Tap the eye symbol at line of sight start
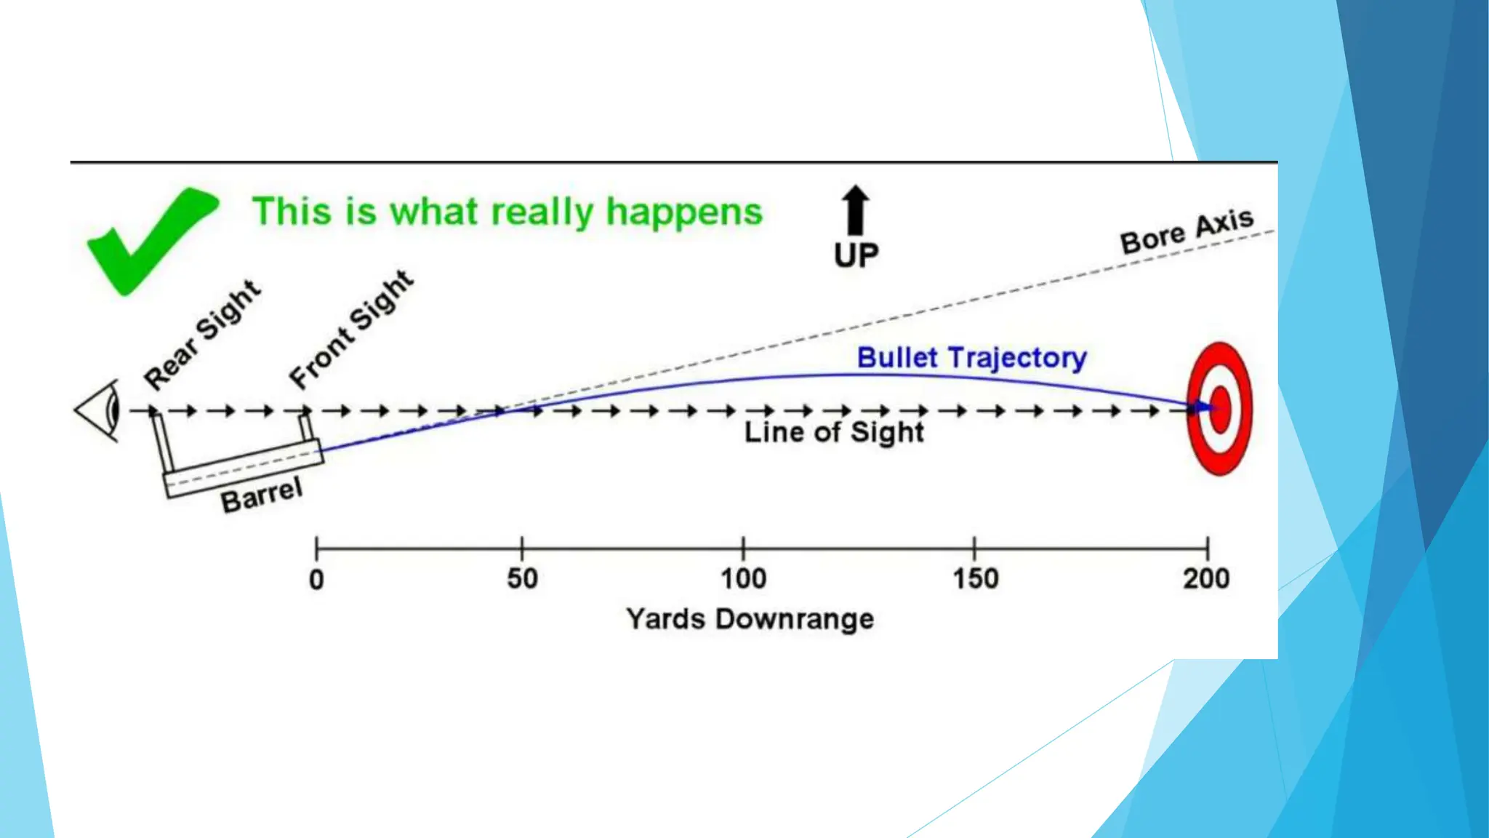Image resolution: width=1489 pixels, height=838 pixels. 102,410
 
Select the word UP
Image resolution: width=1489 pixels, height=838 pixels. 856,255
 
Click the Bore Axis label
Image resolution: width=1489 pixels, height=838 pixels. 1187,231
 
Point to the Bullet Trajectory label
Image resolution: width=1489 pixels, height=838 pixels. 971,358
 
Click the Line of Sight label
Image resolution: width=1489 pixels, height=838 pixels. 834,432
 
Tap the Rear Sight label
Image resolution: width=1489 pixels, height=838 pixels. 201,335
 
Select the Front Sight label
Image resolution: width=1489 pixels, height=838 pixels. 351,329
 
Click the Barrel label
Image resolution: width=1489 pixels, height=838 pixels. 262,495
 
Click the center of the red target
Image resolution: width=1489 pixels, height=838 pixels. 1220,409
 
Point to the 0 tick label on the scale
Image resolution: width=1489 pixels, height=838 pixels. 316,580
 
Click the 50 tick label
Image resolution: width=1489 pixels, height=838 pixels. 522,579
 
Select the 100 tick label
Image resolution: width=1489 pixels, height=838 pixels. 743,579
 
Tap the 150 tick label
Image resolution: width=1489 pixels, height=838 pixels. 975,579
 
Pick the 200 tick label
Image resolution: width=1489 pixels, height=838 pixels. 1206,579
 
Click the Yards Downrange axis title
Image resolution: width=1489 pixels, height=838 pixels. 750,619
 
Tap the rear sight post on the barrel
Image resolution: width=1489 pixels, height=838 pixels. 161,443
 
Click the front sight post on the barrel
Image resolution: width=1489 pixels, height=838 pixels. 306,427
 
